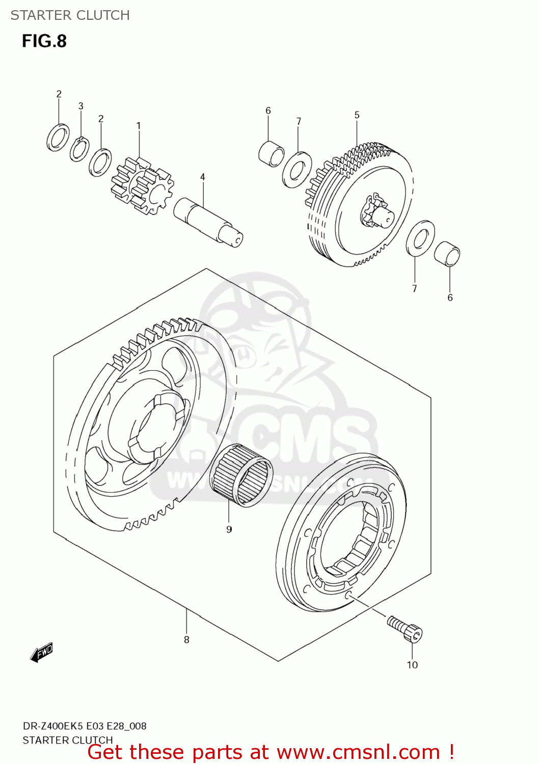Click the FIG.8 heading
44,41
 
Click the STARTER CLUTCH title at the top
70,15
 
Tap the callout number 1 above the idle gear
138,125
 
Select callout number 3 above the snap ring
80,106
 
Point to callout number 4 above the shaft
202,177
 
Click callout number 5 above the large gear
357,115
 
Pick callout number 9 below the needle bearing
229,529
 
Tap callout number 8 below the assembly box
186,639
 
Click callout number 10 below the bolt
412,665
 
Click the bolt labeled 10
406,629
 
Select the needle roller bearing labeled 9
241,475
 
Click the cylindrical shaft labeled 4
208,222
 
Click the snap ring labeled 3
79,149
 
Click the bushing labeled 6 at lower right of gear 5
447,253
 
